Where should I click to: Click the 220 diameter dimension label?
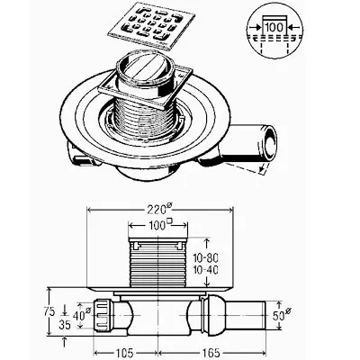point(159,209)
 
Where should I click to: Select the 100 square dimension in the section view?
point(158,225)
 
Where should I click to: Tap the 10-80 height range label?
point(205,257)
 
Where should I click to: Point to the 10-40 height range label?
point(205,270)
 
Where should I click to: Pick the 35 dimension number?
point(64,325)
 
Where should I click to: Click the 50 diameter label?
point(282,315)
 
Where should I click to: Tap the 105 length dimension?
point(124,353)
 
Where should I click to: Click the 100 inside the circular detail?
point(274,27)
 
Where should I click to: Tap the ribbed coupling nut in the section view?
point(103,315)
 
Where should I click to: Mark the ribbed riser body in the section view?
point(157,264)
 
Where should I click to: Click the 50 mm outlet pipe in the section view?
point(245,315)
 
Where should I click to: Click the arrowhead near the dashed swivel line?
point(262,170)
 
